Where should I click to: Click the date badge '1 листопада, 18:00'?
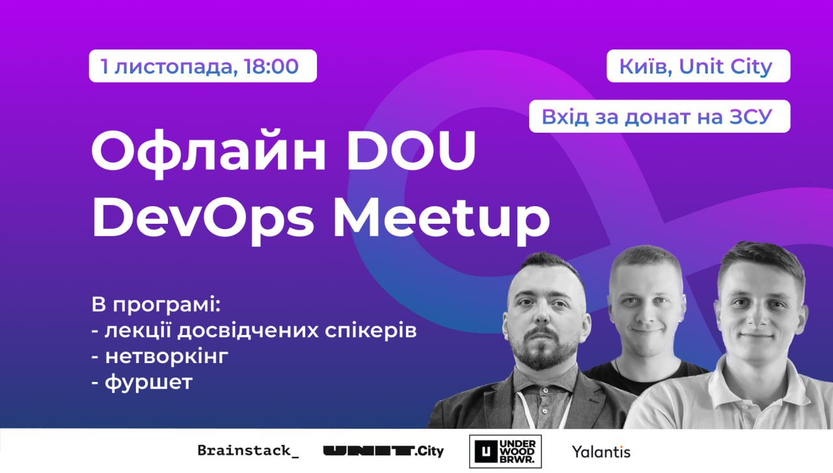point(202,66)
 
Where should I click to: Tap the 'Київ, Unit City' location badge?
point(698,66)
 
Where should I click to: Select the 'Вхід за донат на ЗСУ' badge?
point(660,116)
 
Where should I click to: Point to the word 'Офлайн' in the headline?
point(209,152)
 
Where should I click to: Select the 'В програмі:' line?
point(156,305)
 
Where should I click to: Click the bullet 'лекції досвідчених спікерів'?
point(260,331)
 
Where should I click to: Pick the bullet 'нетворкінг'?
point(167,357)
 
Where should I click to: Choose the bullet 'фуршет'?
point(149,382)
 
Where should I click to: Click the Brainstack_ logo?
point(248,451)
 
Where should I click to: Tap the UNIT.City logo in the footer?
point(383,452)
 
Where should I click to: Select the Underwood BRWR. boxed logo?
point(506,452)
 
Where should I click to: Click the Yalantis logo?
point(601,452)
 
